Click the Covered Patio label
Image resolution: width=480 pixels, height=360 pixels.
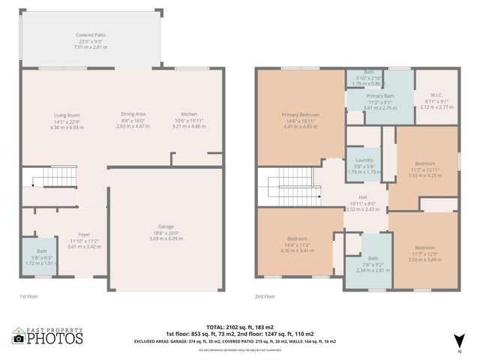tap(91, 35)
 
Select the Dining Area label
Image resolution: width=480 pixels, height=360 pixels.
tap(133, 114)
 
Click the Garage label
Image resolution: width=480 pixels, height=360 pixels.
tap(166, 226)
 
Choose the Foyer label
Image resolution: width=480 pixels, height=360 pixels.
tap(84, 235)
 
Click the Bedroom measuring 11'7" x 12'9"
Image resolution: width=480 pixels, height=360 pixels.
tap(424, 247)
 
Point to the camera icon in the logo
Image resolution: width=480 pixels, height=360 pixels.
tap(18, 338)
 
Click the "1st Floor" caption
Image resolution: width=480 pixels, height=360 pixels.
tap(28, 296)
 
